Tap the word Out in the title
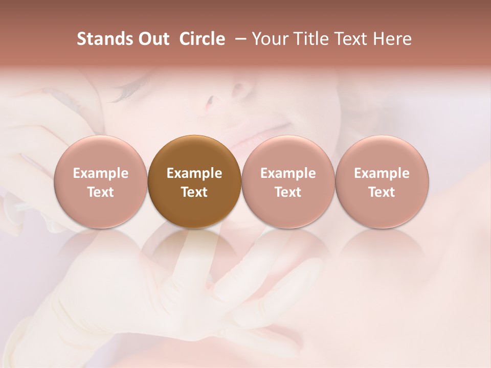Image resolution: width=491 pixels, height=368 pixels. (152, 39)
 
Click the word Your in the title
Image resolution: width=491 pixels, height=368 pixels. (268, 39)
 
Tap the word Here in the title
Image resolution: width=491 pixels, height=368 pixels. (392, 39)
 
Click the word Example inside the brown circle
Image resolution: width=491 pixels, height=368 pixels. (194, 173)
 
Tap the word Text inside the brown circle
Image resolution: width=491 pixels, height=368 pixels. (194, 192)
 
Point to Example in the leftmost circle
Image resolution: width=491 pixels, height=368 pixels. (101, 173)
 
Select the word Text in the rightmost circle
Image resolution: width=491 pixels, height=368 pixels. (382, 192)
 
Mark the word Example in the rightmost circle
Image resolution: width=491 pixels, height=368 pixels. (382, 173)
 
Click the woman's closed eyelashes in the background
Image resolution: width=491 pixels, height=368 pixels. (123, 94)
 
